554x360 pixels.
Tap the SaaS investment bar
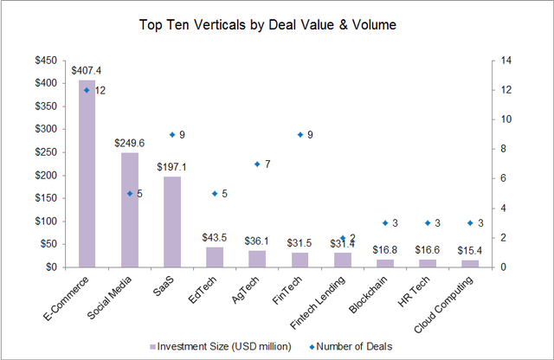(x=171, y=222)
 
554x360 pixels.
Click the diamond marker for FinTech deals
(x=300, y=134)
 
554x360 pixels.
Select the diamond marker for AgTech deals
(x=257, y=164)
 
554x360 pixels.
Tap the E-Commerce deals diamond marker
(x=87, y=90)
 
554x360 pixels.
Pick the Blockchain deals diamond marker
(x=385, y=222)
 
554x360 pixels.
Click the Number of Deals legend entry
(x=356, y=346)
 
